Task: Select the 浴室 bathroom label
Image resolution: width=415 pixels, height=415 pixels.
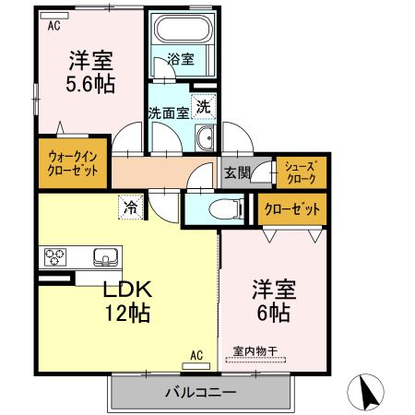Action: (x=181, y=59)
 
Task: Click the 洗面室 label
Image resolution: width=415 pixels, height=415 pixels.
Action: (x=169, y=113)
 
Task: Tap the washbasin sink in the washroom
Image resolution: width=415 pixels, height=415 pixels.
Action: (x=205, y=140)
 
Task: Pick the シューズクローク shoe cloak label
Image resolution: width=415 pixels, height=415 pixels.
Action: (x=301, y=172)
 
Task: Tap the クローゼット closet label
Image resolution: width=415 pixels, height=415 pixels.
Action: (x=291, y=208)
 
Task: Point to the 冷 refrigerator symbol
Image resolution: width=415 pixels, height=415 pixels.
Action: (x=131, y=207)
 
